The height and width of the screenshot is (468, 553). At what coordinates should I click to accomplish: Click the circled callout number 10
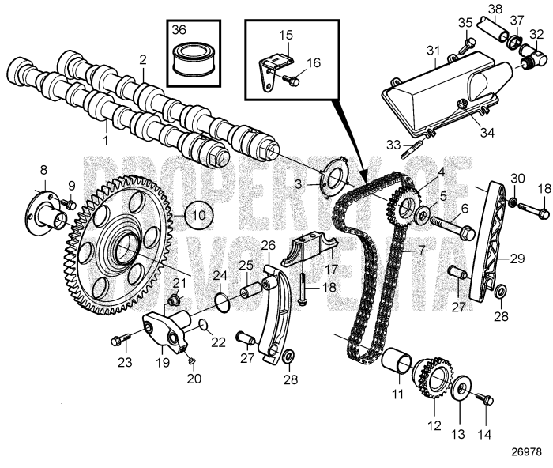point(199,215)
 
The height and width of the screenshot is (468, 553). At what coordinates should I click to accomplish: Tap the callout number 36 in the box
point(179,30)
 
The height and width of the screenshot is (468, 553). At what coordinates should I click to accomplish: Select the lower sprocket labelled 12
point(431,380)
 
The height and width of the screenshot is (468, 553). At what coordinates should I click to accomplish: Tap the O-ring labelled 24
point(224,302)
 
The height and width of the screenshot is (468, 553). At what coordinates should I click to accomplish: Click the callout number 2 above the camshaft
point(142,60)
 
